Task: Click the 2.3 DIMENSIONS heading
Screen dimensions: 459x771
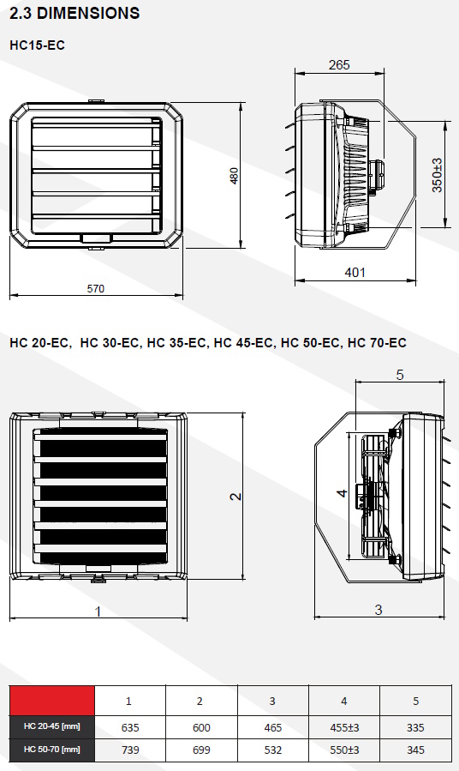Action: [75, 13]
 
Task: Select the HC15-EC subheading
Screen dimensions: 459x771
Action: [38, 45]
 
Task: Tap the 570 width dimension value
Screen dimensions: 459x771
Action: [96, 289]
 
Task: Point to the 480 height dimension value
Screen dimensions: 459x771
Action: [234, 176]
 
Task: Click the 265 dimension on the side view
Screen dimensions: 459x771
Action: [339, 65]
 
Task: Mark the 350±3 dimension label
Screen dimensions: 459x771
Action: [437, 175]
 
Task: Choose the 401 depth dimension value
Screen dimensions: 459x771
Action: [355, 273]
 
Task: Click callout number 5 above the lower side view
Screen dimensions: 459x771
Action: [400, 375]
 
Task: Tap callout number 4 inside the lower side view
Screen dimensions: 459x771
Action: [343, 492]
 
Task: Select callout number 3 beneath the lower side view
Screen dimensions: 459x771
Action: [378, 610]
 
